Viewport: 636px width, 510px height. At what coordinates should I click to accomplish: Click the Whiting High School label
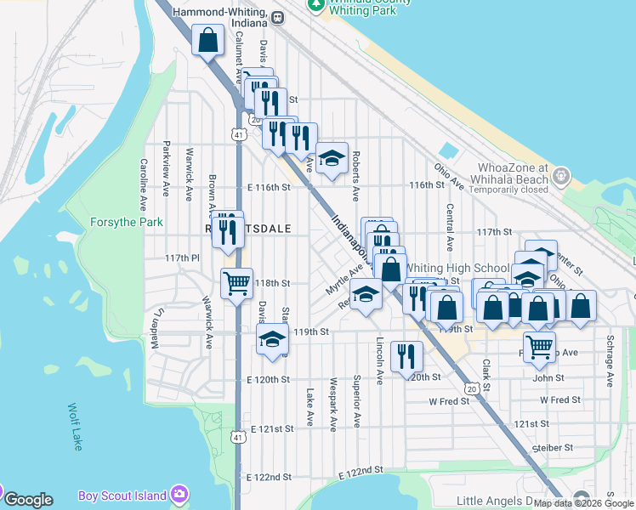coord(457,267)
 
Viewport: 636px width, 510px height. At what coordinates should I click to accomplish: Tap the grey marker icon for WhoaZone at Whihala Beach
coord(560,176)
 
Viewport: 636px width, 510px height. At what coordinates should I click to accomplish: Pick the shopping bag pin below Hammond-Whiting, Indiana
coord(208,41)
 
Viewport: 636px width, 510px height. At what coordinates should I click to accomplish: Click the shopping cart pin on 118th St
coord(236,284)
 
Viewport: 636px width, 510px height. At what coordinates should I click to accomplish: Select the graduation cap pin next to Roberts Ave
coord(332,157)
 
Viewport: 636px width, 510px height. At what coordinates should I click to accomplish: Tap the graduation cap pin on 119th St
coord(272,339)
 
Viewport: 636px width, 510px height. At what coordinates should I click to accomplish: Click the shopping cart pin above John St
coord(540,346)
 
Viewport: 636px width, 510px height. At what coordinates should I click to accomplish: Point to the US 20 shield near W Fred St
coord(471,388)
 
